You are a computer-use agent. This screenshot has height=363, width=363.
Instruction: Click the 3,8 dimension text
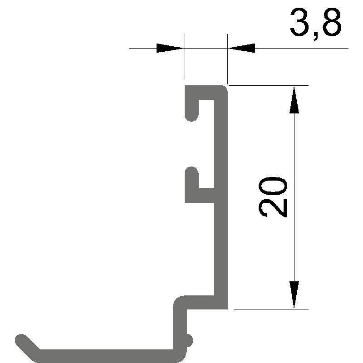click(x=316, y=24)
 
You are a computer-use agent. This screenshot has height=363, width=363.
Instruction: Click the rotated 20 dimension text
click(x=273, y=197)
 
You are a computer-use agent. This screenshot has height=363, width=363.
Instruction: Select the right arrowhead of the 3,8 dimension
click(x=241, y=48)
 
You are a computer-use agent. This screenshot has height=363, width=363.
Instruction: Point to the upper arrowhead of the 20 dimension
click(x=294, y=100)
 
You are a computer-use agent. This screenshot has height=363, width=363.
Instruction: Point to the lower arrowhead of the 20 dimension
click(x=294, y=294)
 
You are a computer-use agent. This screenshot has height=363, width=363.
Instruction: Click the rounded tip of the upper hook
click(x=191, y=117)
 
